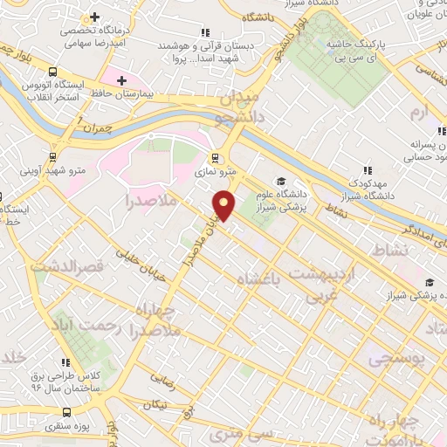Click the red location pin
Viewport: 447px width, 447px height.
224,204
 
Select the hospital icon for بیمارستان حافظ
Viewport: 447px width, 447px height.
121,80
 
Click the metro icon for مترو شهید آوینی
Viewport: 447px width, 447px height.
54,158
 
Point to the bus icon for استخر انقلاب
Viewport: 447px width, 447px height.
54,72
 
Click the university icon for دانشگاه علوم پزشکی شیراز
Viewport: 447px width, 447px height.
282,172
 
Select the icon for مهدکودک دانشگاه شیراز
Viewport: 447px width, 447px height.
368,171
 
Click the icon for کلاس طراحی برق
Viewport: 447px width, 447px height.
64,362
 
